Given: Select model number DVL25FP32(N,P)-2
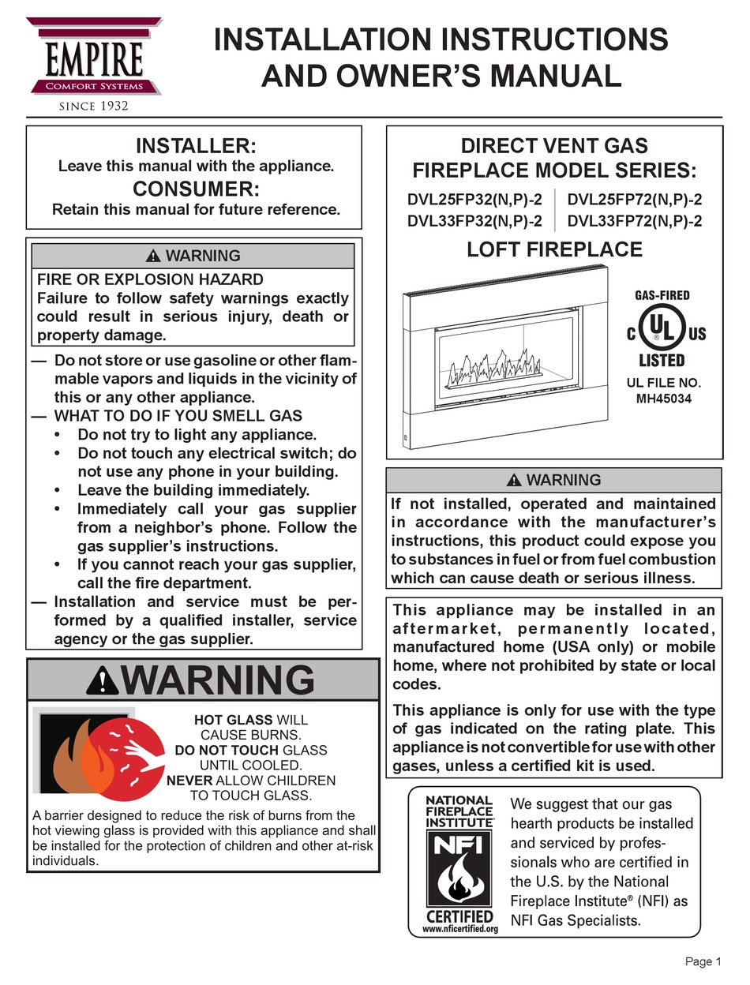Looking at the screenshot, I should (x=474, y=200).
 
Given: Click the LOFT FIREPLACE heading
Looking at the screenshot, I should (x=554, y=250).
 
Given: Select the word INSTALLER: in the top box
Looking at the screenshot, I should (x=194, y=146).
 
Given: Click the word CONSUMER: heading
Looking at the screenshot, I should (x=194, y=189).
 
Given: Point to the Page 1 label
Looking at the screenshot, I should (x=703, y=961).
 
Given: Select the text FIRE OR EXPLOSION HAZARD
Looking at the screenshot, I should (x=151, y=279).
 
